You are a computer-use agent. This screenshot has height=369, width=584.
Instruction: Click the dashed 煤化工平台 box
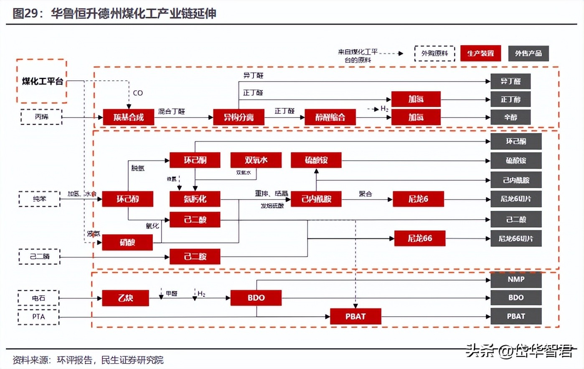point(42,81)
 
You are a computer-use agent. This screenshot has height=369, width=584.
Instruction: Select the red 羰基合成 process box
point(128,117)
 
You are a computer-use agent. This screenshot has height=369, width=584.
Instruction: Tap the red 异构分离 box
point(239,117)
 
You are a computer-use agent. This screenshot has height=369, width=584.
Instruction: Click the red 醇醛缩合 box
point(330,117)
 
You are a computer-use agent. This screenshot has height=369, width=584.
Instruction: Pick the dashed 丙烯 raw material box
point(41,117)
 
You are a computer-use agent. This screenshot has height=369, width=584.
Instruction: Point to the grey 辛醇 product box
point(510,117)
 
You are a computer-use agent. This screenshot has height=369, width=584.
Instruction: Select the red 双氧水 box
point(256,160)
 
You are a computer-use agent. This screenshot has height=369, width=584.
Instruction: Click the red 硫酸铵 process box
point(316,160)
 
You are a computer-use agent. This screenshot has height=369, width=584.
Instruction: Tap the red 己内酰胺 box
point(316,199)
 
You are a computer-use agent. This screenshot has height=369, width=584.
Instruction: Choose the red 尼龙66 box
point(419,238)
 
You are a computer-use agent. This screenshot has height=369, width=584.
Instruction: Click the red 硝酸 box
point(127,242)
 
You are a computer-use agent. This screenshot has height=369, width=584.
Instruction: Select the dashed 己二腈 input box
point(40,256)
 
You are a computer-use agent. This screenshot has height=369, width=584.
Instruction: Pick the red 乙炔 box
point(125,298)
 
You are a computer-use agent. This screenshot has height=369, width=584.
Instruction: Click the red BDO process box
point(256,298)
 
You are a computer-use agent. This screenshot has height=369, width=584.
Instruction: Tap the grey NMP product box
point(516,279)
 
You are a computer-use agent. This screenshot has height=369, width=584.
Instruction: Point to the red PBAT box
point(355,317)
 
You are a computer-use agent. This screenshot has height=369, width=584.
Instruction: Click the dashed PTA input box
point(38,317)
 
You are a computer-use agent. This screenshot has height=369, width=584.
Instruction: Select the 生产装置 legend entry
point(480,54)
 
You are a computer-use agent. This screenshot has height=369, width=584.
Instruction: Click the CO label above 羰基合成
point(138,93)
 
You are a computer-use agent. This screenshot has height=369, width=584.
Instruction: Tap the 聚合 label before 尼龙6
point(365,194)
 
